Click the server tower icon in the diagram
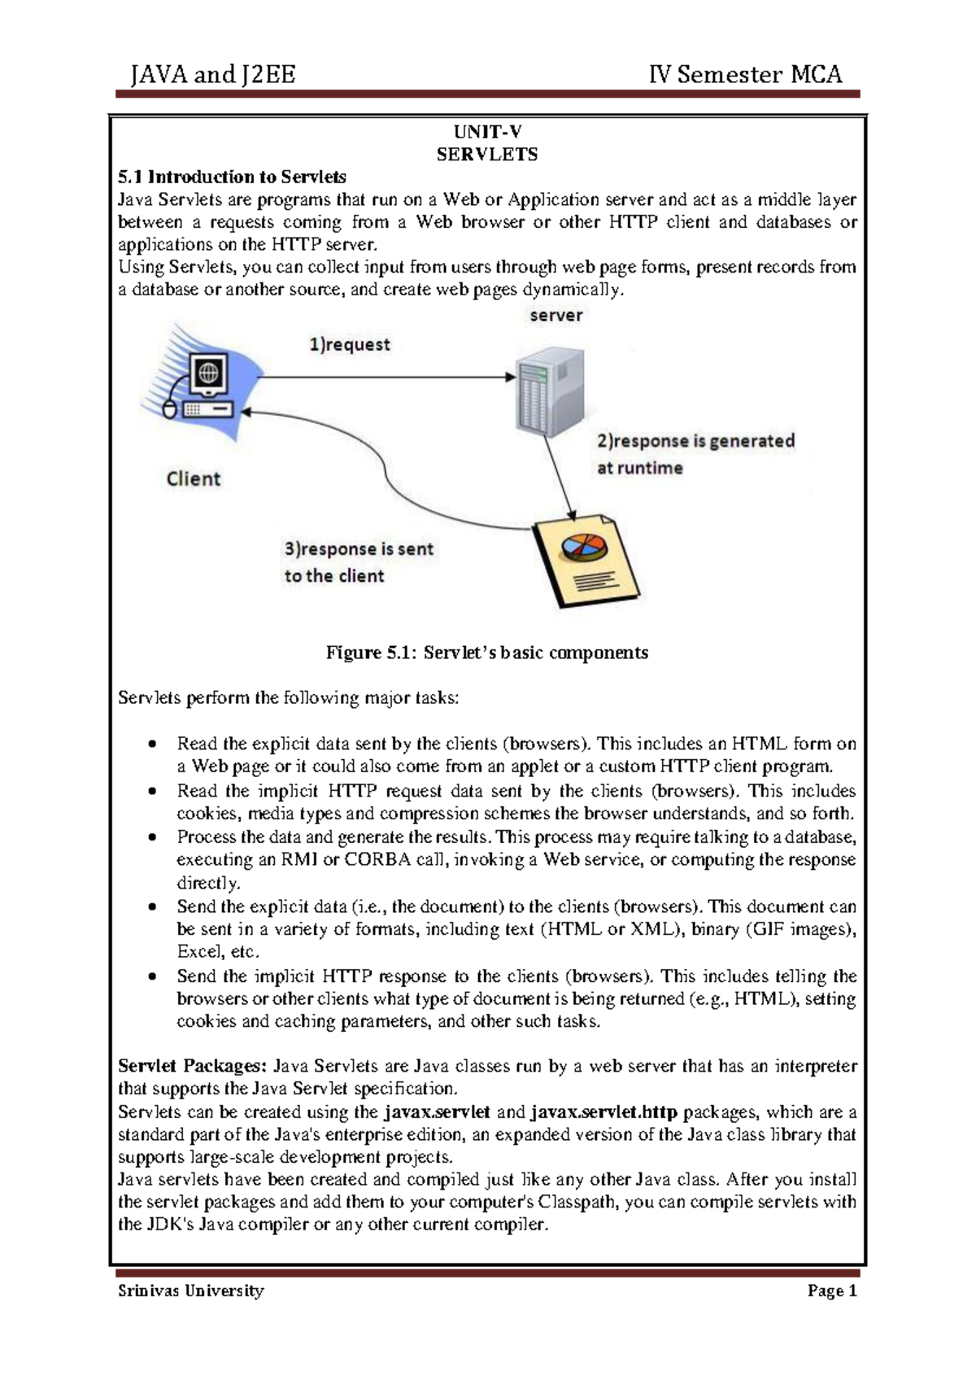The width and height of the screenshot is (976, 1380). click(x=551, y=390)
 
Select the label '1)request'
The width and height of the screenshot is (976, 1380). click(x=350, y=344)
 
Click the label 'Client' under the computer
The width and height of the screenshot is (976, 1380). click(x=194, y=478)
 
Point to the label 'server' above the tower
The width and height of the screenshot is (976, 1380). click(x=556, y=315)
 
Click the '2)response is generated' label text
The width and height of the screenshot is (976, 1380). click(x=695, y=441)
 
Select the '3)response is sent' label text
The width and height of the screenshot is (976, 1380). click(x=359, y=549)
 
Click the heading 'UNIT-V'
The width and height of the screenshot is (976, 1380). click(x=487, y=133)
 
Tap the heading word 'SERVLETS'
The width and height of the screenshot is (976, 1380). click(x=487, y=155)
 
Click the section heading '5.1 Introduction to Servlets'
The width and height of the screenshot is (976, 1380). click(x=232, y=177)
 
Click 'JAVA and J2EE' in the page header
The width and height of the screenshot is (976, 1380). click(x=213, y=75)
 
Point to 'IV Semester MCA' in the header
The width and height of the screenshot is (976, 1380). click(x=745, y=75)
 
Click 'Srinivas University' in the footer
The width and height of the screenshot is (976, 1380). click(x=191, y=1290)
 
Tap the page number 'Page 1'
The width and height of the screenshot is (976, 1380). click(x=832, y=1290)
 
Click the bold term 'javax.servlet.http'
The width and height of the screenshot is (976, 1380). click(x=603, y=1111)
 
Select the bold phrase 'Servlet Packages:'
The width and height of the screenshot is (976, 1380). click(x=192, y=1066)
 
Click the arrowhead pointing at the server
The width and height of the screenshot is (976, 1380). click(x=511, y=377)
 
